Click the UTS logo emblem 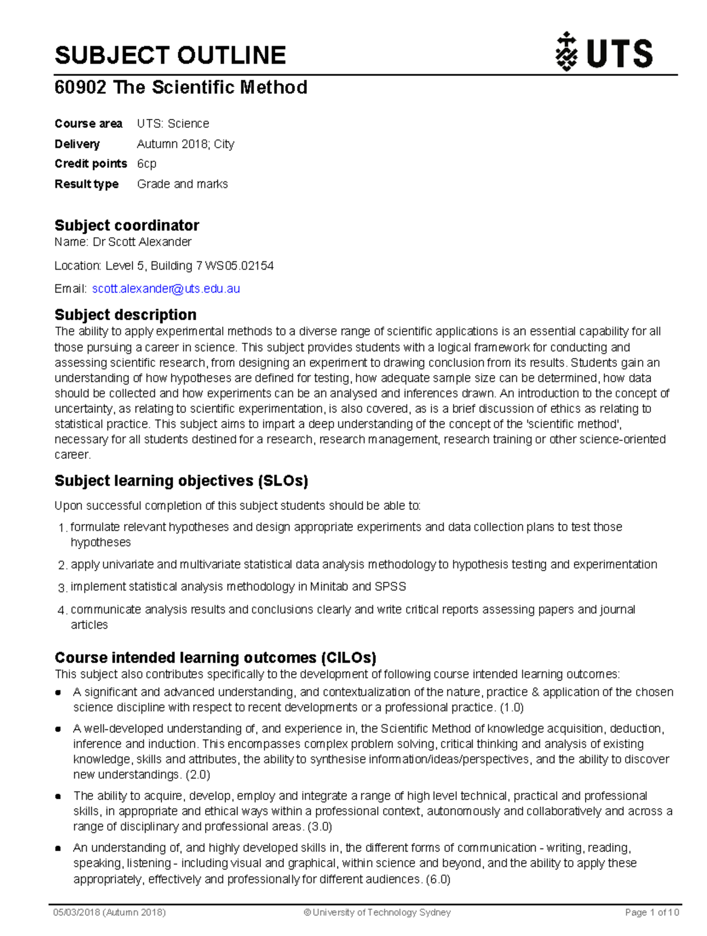click(567, 52)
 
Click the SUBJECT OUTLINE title click(170, 55)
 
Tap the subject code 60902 click(80, 88)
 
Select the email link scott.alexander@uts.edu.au click(166, 289)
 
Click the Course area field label click(88, 124)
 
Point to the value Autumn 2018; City click(186, 144)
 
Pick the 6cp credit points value click(147, 164)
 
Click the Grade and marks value click(183, 184)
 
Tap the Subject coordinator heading click(127, 225)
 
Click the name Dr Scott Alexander click(142, 242)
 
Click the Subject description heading click(125, 314)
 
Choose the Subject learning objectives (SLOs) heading click(181, 481)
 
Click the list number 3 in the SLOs click(62, 588)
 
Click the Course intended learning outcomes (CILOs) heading click(216, 658)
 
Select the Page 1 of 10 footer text click(652, 912)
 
